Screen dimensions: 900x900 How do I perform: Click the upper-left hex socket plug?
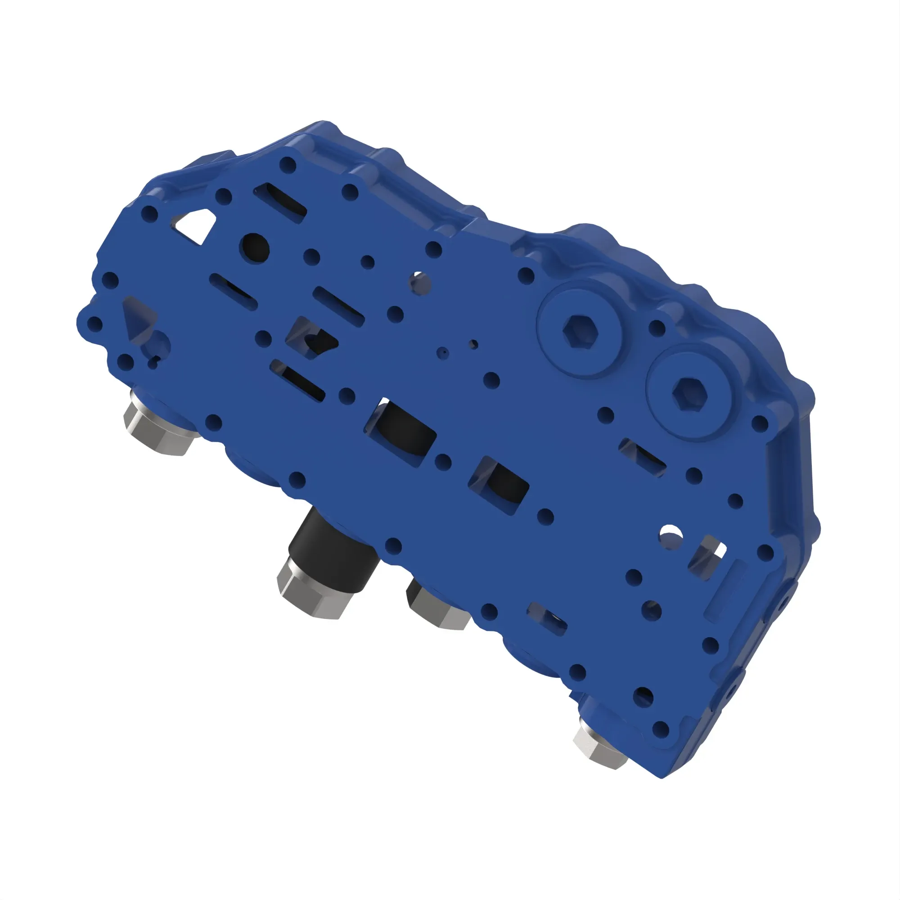[x=580, y=330]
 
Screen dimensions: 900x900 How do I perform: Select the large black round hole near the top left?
[x=255, y=247]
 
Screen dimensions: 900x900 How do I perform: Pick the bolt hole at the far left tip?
[x=94, y=324]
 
